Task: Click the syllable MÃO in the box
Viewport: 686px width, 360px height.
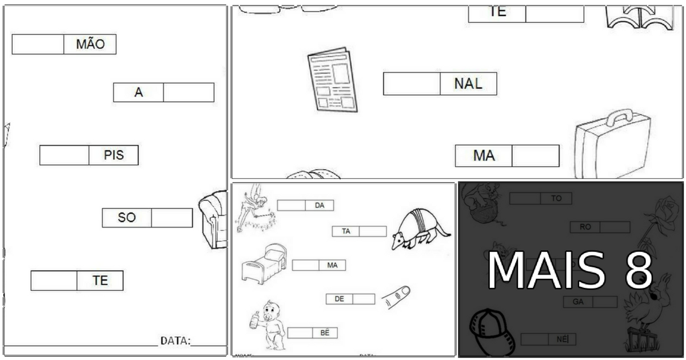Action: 90,45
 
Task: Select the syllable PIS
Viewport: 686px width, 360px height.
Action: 114,155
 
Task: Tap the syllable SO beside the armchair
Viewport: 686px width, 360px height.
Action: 126,218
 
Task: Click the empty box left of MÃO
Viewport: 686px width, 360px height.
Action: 38,45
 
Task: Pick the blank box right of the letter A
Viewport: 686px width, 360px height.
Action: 189,93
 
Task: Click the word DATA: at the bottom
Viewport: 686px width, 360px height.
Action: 175,341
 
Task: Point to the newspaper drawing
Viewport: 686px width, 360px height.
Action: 332,79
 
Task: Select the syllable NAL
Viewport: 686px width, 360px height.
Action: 468,84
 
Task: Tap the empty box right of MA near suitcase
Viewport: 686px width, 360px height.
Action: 535,156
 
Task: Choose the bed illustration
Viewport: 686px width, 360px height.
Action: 263,263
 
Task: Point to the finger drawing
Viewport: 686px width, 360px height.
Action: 396,296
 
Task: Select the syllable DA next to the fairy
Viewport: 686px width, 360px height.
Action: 320,205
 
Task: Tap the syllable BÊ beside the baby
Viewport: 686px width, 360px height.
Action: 325,333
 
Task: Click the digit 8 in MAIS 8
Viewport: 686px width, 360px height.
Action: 639,270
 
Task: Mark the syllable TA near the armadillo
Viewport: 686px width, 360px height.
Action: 346,231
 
